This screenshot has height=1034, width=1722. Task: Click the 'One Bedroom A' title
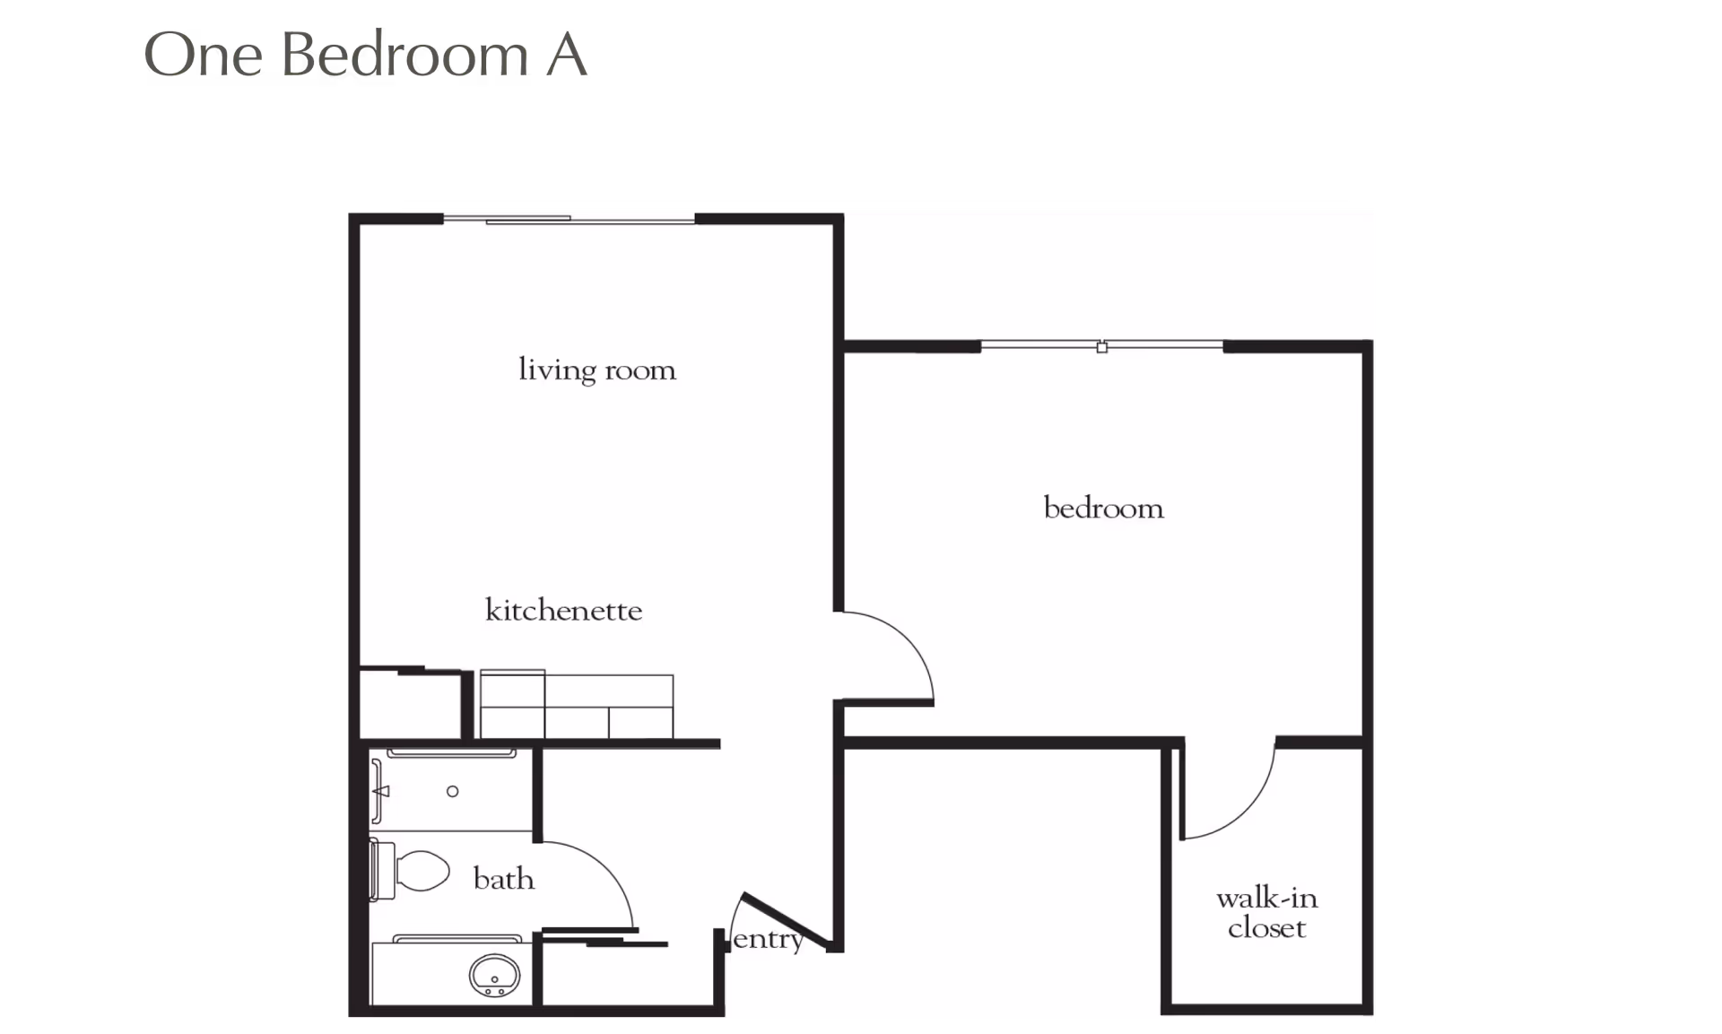[x=365, y=55]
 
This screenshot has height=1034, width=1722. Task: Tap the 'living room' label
[x=597, y=369]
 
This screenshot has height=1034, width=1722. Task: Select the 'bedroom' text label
[x=1104, y=508]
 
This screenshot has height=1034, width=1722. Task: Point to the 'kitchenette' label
[x=564, y=610]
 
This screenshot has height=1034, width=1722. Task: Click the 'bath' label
[x=504, y=878]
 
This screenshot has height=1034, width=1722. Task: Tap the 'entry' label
[x=768, y=939]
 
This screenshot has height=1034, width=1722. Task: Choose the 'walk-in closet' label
[x=1267, y=912]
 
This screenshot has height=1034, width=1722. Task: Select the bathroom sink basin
[x=494, y=975]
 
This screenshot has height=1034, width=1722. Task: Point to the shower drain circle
[x=453, y=791]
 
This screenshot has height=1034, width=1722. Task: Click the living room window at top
[x=570, y=219]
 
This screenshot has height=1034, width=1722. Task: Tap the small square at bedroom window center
[x=1102, y=347]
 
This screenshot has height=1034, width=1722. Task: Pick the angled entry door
[x=786, y=920]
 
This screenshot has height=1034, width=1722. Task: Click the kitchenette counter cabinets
[x=577, y=705]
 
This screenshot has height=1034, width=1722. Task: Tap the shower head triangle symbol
[x=382, y=791]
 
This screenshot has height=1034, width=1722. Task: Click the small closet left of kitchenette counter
[x=411, y=705]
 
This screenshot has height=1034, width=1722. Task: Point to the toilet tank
[x=382, y=871]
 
